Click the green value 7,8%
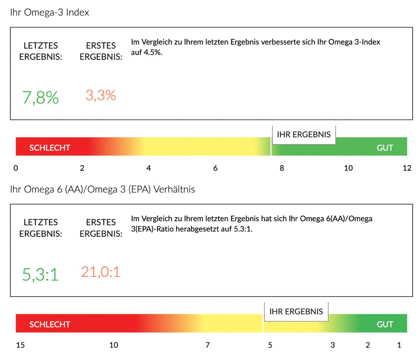coord(40,98)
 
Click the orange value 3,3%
coord(100,95)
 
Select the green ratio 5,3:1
coord(40,275)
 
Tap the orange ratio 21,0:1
coord(100,272)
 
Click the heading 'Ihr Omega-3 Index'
coord(49,12)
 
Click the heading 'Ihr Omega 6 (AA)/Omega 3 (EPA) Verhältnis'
coord(102,189)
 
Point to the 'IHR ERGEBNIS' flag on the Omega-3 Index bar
coord(304,135)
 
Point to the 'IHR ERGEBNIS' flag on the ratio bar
coord(296,311)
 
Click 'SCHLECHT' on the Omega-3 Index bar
coord(49,148)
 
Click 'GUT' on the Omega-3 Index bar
coord(385,148)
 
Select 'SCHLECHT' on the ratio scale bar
coord(49,324)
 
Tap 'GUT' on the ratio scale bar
coord(385,324)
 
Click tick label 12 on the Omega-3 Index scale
coord(407,168)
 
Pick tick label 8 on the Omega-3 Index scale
coord(282,168)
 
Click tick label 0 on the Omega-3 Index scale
coord(16,168)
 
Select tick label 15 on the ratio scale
coord(20,345)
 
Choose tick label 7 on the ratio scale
coord(207,345)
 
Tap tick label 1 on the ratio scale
coord(399,345)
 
